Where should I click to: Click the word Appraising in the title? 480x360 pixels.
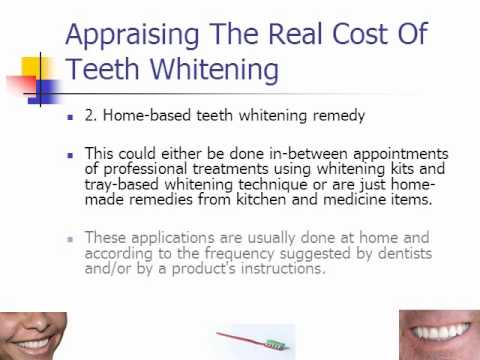[x=132, y=35]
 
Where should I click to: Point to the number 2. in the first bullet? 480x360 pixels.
[x=91, y=115]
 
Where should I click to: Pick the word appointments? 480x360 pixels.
[x=401, y=154]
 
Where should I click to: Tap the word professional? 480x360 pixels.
[x=145, y=169]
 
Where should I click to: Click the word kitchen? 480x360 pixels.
[x=261, y=199]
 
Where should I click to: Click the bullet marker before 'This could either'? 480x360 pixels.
[x=70, y=155]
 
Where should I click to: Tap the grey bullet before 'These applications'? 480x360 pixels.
[x=70, y=239]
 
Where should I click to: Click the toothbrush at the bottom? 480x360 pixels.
[x=253, y=341]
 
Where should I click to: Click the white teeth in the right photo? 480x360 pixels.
[x=438, y=331]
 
